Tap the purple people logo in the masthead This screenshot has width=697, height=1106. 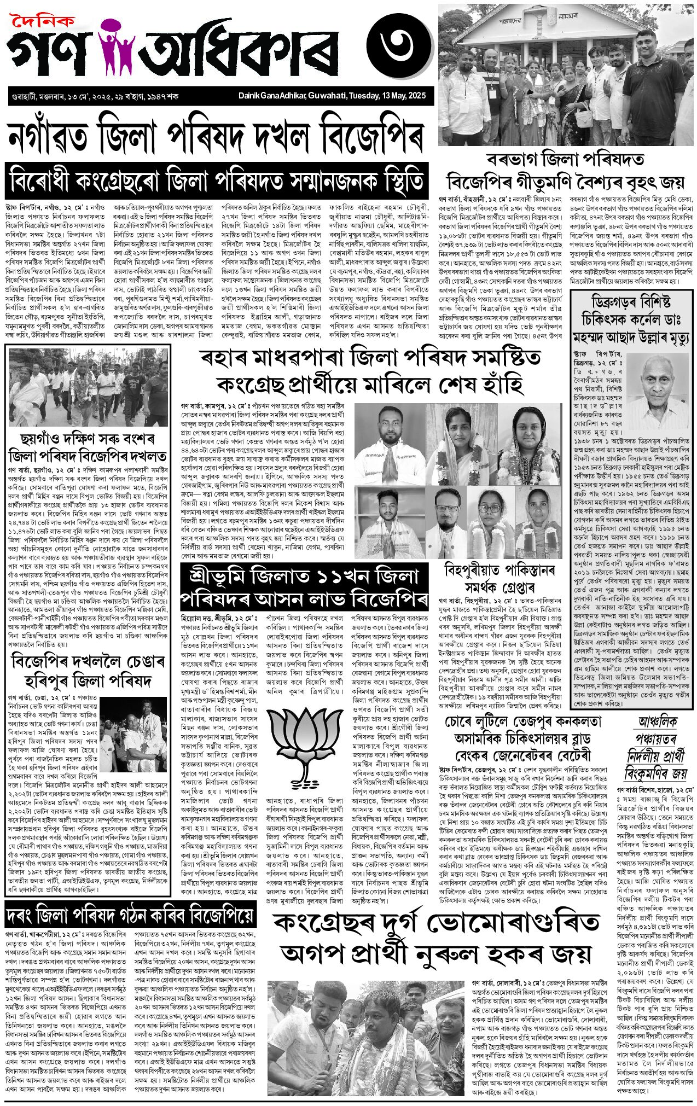(x=117, y=48)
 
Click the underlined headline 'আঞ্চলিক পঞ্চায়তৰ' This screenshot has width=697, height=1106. (x=655, y=730)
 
